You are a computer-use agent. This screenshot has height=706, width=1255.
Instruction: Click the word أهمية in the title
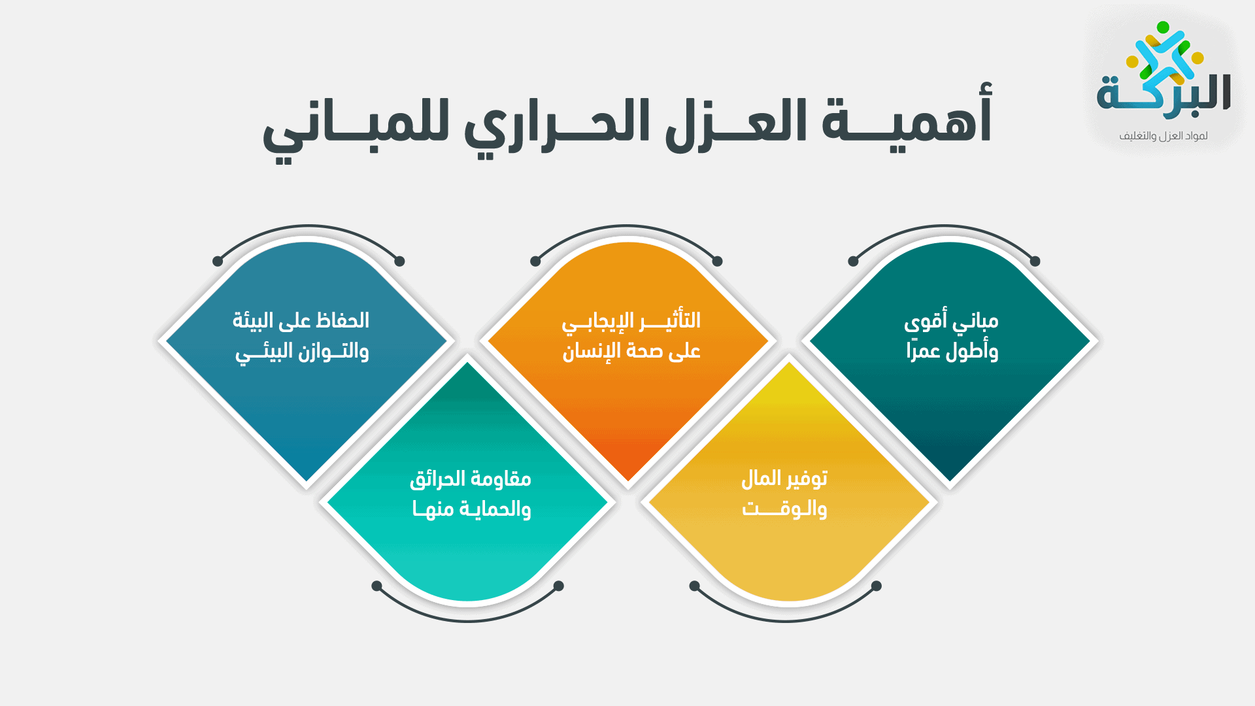[907, 122]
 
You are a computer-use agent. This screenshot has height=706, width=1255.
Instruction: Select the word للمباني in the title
[356, 127]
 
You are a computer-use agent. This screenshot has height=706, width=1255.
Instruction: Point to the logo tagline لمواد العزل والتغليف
[1163, 136]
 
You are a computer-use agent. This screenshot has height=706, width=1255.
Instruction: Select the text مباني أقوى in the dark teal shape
[951, 321]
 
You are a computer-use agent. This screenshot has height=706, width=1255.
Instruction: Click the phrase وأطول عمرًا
[952, 352]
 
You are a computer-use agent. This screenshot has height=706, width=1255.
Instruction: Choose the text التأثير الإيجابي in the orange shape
[631, 321]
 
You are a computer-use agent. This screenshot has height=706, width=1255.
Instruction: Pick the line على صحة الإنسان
[631, 352]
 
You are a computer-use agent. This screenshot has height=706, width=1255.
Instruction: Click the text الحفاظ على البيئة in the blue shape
[301, 321]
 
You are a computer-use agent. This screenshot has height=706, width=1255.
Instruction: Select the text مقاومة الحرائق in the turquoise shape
[470, 479]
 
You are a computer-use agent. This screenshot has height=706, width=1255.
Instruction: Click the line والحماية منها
[471, 509]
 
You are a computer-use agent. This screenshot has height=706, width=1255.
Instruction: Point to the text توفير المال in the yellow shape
[784, 479]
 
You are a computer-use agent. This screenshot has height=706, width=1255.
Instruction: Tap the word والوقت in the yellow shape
[784, 509]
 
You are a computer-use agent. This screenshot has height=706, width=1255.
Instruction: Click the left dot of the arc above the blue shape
[218, 261]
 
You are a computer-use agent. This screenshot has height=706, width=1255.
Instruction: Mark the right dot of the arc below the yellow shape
[877, 586]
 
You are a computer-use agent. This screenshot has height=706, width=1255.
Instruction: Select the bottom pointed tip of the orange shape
[628, 480]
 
